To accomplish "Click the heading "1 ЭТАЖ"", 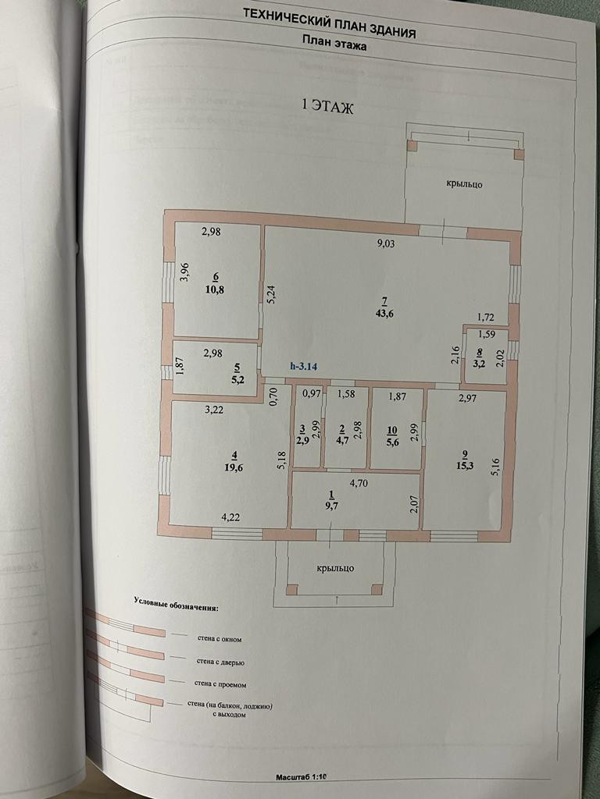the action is [x=327, y=108].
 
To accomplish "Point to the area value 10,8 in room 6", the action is [x=215, y=288].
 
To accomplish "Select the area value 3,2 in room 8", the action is [x=478, y=362].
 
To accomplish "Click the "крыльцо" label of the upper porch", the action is [x=464, y=184].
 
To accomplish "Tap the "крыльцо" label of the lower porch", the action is [x=336, y=568].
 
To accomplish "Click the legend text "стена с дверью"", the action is [x=220, y=662].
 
